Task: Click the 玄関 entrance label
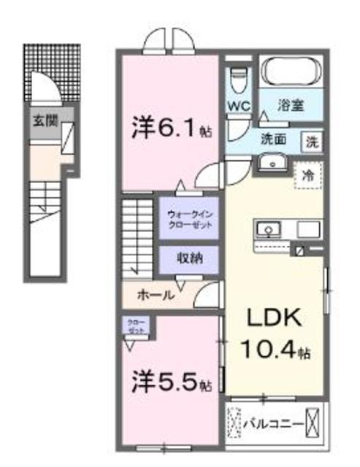pos(41,122)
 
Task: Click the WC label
pos(240,105)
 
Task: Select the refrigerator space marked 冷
pos(308,175)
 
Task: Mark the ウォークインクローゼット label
pos(190,220)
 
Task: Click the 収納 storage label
pos(189,258)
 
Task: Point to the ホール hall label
pos(155,296)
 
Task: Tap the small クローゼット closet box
pos(136,326)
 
